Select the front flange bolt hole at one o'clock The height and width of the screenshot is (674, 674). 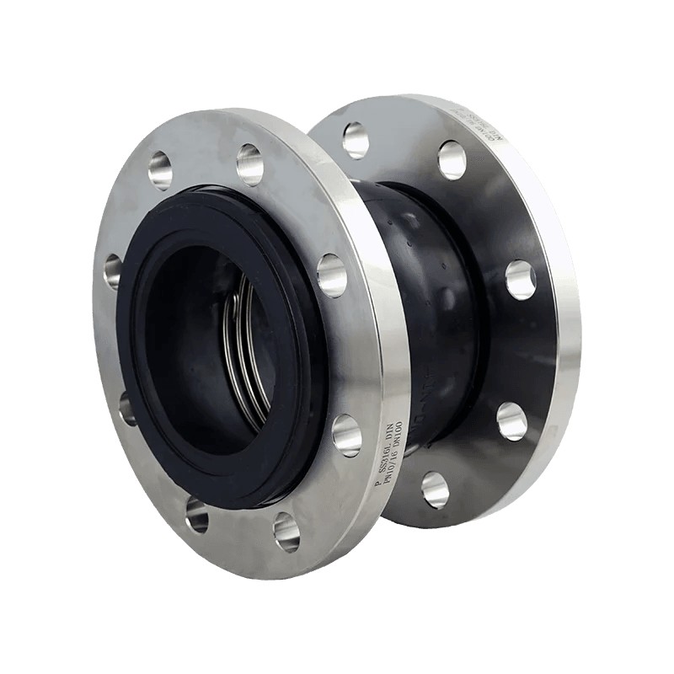(x=250, y=163)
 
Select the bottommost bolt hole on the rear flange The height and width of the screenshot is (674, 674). (x=431, y=486)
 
